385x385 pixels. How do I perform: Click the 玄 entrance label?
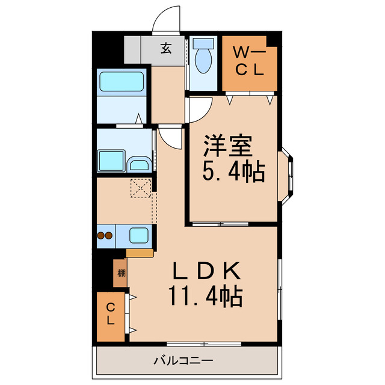pyautogui.click(x=165, y=49)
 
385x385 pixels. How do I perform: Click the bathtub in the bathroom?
pyautogui.click(x=121, y=82)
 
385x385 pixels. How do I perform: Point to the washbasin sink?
pyautogui.click(x=141, y=164)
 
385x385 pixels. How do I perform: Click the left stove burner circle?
pyautogui.click(x=100, y=236)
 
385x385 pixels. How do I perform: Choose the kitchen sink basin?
pyautogui.click(x=139, y=235)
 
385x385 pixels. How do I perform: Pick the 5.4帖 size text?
pyautogui.click(x=233, y=173)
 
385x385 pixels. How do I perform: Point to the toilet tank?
pyautogui.click(x=205, y=44)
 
